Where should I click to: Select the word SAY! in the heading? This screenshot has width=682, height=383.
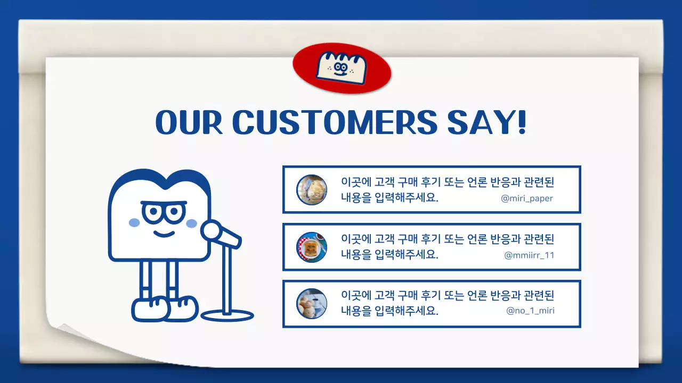pyautogui.click(x=487, y=122)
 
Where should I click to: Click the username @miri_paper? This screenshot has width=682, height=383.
pyautogui.click(x=527, y=198)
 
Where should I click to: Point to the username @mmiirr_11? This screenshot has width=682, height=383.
pyautogui.click(x=529, y=255)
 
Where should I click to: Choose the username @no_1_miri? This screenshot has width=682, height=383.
pyautogui.click(x=530, y=311)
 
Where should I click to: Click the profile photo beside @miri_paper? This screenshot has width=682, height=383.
pyautogui.click(x=312, y=189)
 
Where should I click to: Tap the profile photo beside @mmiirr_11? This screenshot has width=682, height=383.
pyautogui.click(x=312, y=247)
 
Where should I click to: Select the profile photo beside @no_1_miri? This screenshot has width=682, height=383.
pyautogui.click(x=312, y=304)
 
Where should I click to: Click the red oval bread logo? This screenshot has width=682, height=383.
pyautogui.click(x=342, y=69)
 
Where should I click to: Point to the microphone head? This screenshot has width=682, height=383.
pyautogui.click(x=212, y=230)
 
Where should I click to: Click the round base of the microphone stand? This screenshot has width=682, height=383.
pyautogui.click(x=228, y=315)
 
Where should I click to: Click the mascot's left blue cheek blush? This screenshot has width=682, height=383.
pyautogui.click(x=134, y=222)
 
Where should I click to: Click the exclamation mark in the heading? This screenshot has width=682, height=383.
pyautogui.click(x=521, y=122)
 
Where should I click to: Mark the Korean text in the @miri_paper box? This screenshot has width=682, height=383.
pyautogui.click(x=448, y=189)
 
